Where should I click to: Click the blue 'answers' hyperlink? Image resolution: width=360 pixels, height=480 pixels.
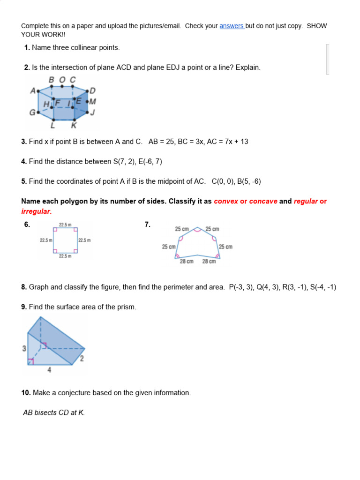tap(232, 26)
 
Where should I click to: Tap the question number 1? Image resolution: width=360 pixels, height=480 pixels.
tap(27, 48)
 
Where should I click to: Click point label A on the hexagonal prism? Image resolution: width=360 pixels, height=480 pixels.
tap(33, 91)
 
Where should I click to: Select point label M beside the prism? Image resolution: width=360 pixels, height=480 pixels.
tap(92, 102)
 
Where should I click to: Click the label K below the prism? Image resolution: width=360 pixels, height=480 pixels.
tap(73, 125)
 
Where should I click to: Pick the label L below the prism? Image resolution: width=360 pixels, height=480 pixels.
tap(52, 125)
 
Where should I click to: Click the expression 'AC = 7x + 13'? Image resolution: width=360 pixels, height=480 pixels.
tap(227, 142)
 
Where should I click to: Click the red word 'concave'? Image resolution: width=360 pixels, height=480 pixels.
tap(263, 202)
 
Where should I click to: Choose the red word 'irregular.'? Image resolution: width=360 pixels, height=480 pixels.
tap(36, 211)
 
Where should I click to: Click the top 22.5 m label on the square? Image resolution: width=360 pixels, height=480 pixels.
tap(65, 225)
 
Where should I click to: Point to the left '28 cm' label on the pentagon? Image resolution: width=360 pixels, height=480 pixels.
tap(187, 262)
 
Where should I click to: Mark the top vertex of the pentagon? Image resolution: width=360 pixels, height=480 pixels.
tap(197, 229)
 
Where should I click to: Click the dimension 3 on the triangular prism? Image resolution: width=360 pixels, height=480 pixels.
tap(24, 349)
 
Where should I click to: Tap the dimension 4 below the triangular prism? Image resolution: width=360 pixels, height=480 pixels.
tap(50, 370)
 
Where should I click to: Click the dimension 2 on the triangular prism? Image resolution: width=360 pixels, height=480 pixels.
tap(82, 359)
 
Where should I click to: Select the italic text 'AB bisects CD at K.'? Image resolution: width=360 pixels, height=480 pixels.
tap(54, 413)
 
